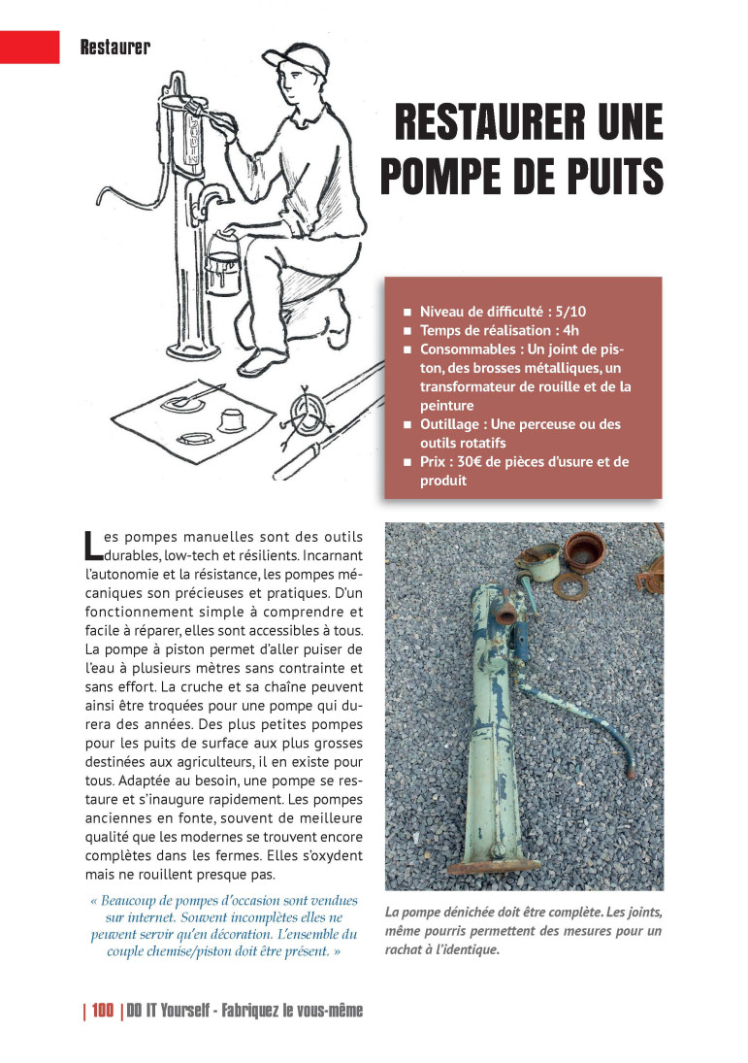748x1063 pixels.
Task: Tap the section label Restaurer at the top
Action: pyautogui.click(x=114, y=47)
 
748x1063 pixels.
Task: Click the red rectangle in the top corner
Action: pyautogui.click(x=30, y=46)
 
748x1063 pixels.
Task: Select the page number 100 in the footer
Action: pyautogui.click(x=103, y=1011)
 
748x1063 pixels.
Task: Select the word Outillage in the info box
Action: pyautogui.click(x=453, y=424)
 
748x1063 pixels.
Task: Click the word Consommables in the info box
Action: pyautogui.click(x=468, y=349)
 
